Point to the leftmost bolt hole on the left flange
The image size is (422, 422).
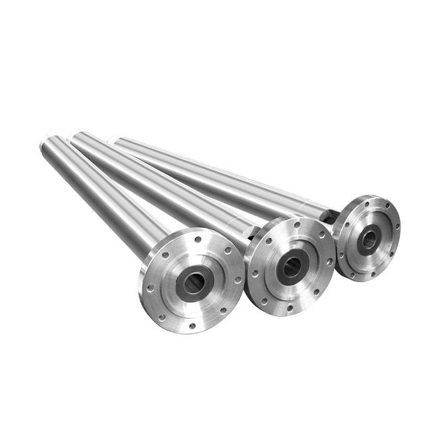pyautogui.click(x=151, y=289)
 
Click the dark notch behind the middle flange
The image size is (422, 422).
pyautogui.click(x=254, y=231)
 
